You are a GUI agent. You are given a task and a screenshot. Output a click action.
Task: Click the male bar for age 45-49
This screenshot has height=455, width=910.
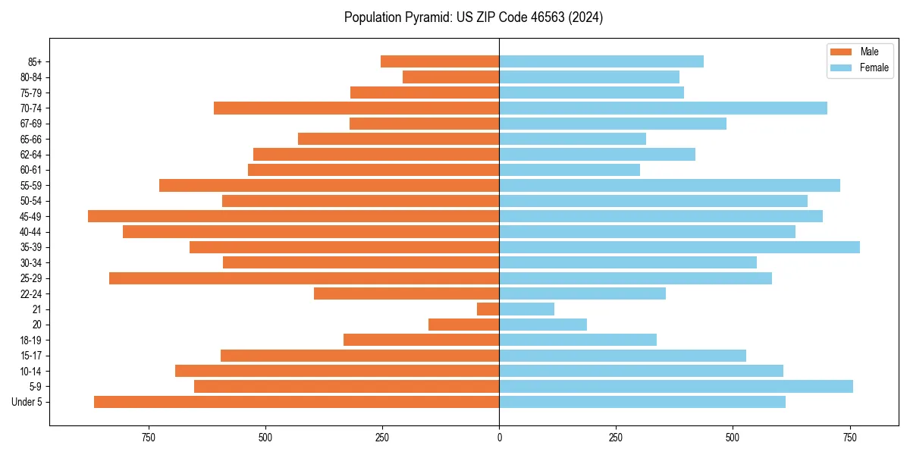point(293,216)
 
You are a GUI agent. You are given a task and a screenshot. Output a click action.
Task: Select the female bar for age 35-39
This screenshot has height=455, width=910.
point(679,247)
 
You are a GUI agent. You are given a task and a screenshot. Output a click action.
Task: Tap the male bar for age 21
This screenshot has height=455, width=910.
point(488,309)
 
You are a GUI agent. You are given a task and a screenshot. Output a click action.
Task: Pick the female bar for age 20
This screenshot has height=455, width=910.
point(543,325)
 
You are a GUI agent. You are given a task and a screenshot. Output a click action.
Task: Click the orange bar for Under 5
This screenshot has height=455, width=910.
point(297,402)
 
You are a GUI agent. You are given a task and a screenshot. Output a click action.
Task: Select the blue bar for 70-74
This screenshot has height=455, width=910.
point(663,108)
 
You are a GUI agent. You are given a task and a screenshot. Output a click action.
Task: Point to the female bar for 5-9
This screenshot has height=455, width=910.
point(676,386)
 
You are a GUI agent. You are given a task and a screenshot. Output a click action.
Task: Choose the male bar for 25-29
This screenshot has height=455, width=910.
point(304,278)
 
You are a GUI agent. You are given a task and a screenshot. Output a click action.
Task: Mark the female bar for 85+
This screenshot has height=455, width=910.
point(601,61)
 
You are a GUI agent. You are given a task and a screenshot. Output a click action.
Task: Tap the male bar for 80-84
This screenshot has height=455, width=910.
point(450,77)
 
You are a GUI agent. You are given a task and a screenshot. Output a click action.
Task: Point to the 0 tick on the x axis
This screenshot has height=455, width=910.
point(499,438)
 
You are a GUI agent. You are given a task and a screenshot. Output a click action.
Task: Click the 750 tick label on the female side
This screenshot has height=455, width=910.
point(850,438)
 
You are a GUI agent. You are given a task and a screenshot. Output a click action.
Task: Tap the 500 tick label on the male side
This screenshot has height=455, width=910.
point(265,438)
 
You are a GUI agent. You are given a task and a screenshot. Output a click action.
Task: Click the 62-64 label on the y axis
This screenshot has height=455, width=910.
point(31,155)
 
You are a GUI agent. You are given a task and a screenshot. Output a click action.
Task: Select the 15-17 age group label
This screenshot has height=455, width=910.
point(31,356)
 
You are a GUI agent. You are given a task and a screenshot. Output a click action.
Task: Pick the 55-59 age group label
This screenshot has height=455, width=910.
point(31,185)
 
